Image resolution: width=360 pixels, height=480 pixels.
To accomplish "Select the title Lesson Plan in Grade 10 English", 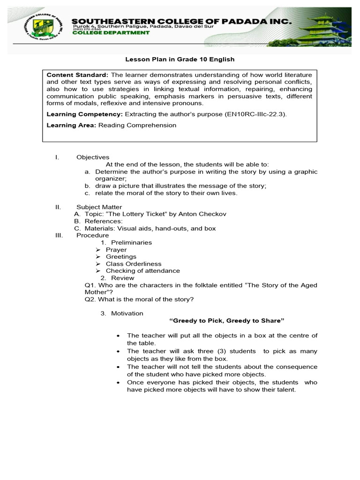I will [x=180, y=60].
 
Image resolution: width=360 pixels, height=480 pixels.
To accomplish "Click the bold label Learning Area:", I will [x=71, y=125].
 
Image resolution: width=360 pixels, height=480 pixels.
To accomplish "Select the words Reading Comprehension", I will [x=137, y=125].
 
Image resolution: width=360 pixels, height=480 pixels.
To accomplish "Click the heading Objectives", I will [x=93, y=157].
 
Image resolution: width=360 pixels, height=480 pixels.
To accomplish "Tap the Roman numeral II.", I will [x=57, y=207].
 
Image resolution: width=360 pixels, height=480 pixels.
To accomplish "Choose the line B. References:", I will [x=98, y=221].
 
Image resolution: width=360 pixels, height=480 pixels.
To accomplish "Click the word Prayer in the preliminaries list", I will [x=116, y=250].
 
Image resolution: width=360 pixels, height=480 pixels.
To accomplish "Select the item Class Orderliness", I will [x=133, y=264].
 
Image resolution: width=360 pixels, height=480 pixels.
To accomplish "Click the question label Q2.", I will [x=90, y=299].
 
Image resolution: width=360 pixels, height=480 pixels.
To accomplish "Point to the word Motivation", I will [x=127, y=313].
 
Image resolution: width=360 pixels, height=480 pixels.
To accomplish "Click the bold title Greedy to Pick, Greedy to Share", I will [x=227, y=321].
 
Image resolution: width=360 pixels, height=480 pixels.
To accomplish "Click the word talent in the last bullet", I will [x=285, y=390].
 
